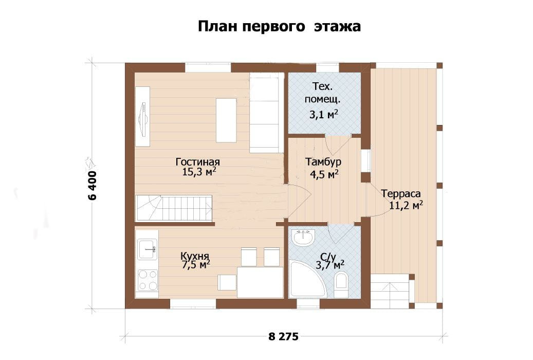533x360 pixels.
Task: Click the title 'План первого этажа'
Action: pos(279,26)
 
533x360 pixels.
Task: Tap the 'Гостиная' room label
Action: pos(198,161)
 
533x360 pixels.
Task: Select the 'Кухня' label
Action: pos(195,256)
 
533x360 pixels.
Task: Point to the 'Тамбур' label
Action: pos(323,161)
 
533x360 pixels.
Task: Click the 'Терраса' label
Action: pos(401,193)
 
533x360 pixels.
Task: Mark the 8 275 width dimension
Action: pos(284,336)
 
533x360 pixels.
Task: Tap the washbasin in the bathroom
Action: pos(304,237)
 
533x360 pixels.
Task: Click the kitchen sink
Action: pos(147,249)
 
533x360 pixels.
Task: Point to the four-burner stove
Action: pos(148,280)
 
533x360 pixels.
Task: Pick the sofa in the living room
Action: pos(265,113)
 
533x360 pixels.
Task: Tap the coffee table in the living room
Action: pos(226,120)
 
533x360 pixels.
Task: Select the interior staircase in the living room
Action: pos(174,208)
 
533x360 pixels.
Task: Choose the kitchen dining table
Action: pos(260,282)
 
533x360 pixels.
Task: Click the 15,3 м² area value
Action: pos(199,171)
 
